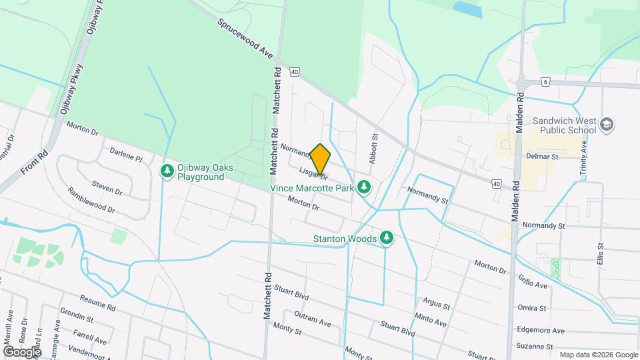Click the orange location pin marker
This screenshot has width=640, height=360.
point(321,159)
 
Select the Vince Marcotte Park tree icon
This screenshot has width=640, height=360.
point(363,189)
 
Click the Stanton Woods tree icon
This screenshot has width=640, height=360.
point(387,238)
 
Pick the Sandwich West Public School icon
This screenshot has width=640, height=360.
point(607,125)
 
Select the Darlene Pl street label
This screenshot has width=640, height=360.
point(126,155)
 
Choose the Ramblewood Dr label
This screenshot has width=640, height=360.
point(91,200)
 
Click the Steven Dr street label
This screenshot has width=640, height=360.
point(107,187)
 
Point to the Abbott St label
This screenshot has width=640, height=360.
point(373,149)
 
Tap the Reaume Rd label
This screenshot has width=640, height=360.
point(98,303)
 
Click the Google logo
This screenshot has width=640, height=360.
point(22,351)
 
